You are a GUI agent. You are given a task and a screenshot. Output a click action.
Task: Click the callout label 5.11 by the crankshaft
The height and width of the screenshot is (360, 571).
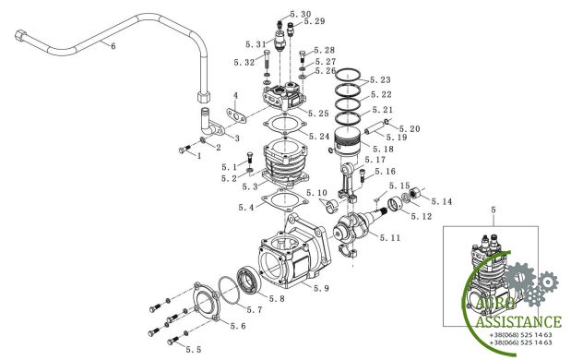click(x=390, y=238)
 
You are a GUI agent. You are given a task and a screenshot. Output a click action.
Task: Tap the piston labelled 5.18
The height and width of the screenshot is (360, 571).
click(x=349, y=142)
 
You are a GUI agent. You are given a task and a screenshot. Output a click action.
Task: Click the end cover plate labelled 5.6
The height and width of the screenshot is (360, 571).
click(x=207, y=302)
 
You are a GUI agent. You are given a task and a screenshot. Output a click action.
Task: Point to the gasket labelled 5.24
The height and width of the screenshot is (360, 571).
click(x=284, y=126)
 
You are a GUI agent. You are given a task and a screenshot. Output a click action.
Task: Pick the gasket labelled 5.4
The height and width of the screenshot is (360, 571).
click(x=284, y=199)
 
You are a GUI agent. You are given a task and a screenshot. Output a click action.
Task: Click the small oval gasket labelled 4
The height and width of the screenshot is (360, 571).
click(x=236, y=115)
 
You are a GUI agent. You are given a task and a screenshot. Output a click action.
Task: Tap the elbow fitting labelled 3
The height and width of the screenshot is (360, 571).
click(x=211, y=123)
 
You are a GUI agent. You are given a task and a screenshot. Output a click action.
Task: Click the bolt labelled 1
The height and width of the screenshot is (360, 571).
click(x=185, y=149)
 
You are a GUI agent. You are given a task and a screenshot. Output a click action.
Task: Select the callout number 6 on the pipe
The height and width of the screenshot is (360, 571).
click(x=113, y=46)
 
